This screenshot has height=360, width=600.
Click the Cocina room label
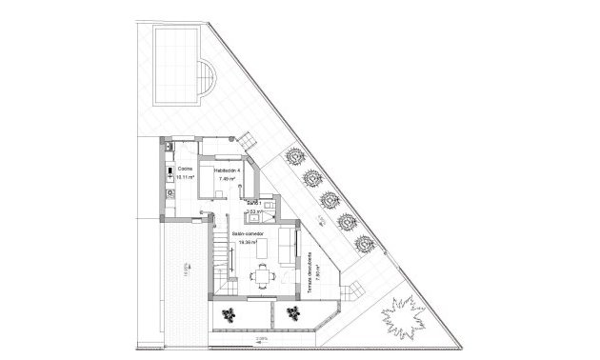[185, 170]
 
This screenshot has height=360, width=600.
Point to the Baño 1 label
[253, 203]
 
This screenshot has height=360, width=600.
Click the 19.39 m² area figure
[249, 242]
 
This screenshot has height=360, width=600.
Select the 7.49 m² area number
[227, 178]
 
